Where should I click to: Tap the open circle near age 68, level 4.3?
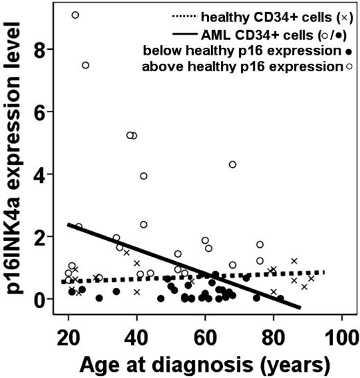(x=233, y=164)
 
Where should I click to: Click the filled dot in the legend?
(x=335, y=51)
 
